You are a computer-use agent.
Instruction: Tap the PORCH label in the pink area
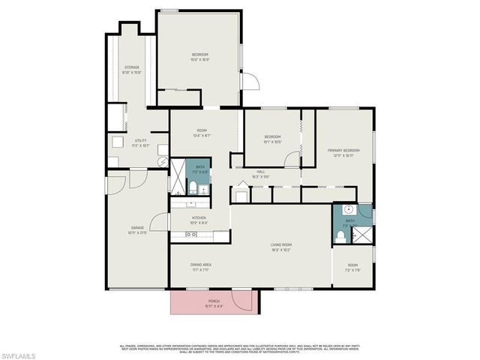(214, 304)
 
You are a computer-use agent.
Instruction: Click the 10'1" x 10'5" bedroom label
(272, 139)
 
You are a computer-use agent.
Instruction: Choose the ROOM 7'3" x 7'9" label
(352, 267)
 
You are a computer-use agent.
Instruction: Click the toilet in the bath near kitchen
(192, 187)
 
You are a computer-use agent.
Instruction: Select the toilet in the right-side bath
(341, 235)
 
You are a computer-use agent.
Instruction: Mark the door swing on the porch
(241, 301)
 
